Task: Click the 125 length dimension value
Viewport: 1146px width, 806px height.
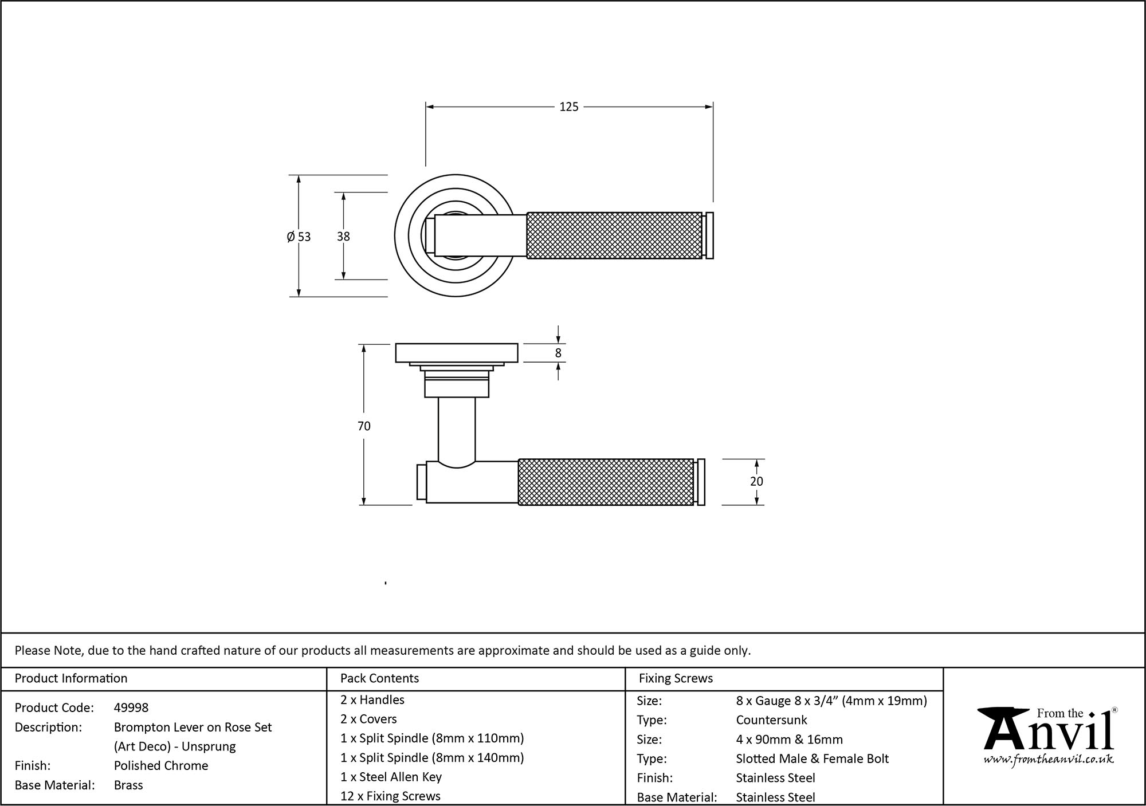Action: (568, 107)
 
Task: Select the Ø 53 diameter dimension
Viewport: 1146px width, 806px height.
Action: (299, 237)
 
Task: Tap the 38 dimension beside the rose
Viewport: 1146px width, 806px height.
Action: (343, 237)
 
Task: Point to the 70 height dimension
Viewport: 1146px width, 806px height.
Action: (364, 426)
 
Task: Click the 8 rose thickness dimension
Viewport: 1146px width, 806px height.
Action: (558, 353)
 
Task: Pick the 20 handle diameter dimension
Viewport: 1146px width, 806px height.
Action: (756, 482)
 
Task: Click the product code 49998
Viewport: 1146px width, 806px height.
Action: (131, 708)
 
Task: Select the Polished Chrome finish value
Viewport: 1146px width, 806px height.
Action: (161, 766)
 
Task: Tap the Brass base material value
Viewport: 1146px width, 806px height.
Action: (128, 785)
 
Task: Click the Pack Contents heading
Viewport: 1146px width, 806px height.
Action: (379, 679)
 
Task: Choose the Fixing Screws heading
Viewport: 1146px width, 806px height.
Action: (676, 679)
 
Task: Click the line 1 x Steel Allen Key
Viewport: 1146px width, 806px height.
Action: (391, 777)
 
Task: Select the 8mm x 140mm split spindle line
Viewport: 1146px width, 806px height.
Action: (432, 758)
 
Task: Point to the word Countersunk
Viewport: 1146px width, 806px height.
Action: (771, 720)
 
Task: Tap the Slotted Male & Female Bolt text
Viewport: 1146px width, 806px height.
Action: (812, 759)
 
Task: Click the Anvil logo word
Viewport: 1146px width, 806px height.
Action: (1049, 735)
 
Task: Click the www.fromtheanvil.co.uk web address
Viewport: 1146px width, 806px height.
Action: (1049, 760)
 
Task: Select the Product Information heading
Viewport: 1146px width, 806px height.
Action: (71, 679)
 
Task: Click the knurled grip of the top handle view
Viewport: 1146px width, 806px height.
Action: (613, 235)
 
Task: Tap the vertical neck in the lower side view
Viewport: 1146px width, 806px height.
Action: (456, 430)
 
